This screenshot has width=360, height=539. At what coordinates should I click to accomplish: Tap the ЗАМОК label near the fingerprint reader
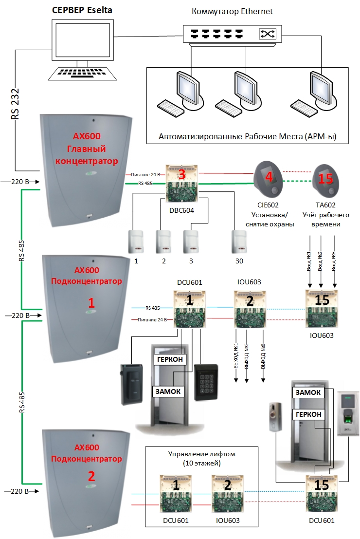(307, 393)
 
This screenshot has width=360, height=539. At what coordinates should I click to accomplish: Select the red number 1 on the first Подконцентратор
(90, 303)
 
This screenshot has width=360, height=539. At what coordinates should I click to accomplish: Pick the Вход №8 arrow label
(334, 263)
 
